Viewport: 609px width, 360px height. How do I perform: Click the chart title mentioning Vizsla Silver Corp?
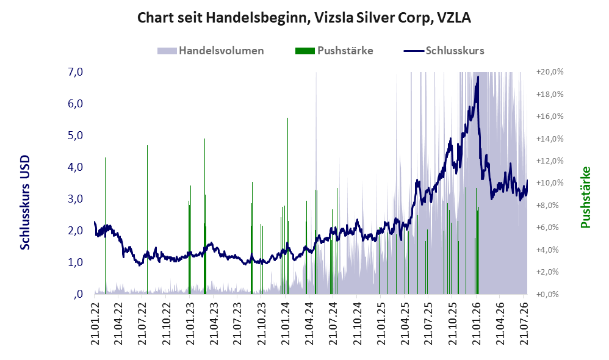(304, 18)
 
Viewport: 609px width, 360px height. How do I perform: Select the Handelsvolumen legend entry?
(211, 51)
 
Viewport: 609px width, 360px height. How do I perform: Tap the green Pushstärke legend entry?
(334, 51)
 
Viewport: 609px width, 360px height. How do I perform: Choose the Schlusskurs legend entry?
(444, 51)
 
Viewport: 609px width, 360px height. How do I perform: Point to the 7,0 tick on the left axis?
(75, 72)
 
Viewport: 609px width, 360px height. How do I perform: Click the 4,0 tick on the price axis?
(75, 167)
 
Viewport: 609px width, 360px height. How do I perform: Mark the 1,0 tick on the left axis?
(75, 262)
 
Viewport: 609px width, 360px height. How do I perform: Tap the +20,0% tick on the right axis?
(550, 72)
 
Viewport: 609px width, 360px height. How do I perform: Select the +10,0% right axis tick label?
(550, 183)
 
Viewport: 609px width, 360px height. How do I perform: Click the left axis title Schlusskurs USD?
(25, 203)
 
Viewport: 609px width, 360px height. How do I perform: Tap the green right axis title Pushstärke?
(585, 197)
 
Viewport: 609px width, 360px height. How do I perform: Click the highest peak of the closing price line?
(478, 76)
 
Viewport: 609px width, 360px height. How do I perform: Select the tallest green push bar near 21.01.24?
(287, 206)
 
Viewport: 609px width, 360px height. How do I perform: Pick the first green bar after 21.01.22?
(105, 226)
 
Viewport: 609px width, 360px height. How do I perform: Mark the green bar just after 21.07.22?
(147, 220)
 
